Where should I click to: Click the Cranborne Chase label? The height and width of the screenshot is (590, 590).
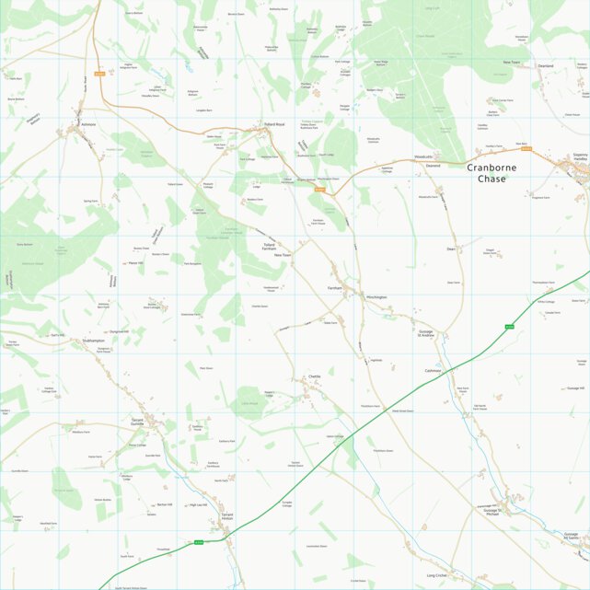pyautogui.click(x=498, y=173)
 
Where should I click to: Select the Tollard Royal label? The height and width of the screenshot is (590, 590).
pyautogui.click(x=273, y=124)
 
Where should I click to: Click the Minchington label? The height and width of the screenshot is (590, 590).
pyautogui.click(x=376, y=297)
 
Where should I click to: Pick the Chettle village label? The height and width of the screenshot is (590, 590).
pyautogui.click(x=315, y=377)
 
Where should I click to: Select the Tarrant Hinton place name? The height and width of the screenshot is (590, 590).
pyautogui.click(x=228, y=517)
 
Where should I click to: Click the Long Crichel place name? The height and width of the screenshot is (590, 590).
pyautogui.click(x=436, y=575)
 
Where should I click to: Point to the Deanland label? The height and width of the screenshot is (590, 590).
pyautogui.click(x=546, y=66)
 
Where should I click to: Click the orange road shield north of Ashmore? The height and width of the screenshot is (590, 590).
pyautogui.click(x=99, y=74)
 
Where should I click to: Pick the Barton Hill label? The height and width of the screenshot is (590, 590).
pyautogui.click(x=165, y=504)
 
